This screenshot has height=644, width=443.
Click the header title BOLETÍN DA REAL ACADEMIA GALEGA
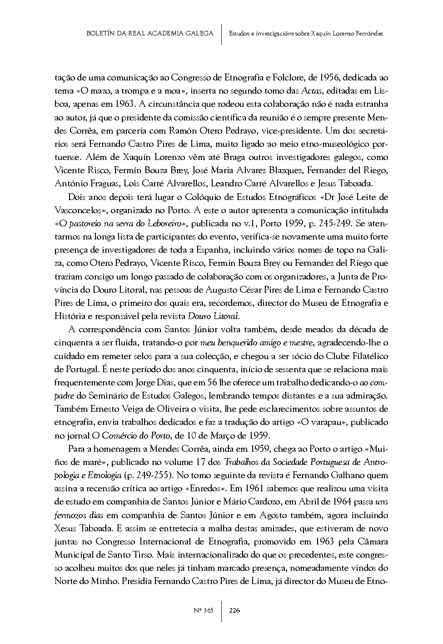coord(149,34)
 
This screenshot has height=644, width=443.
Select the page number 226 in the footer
coord(234,610)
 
